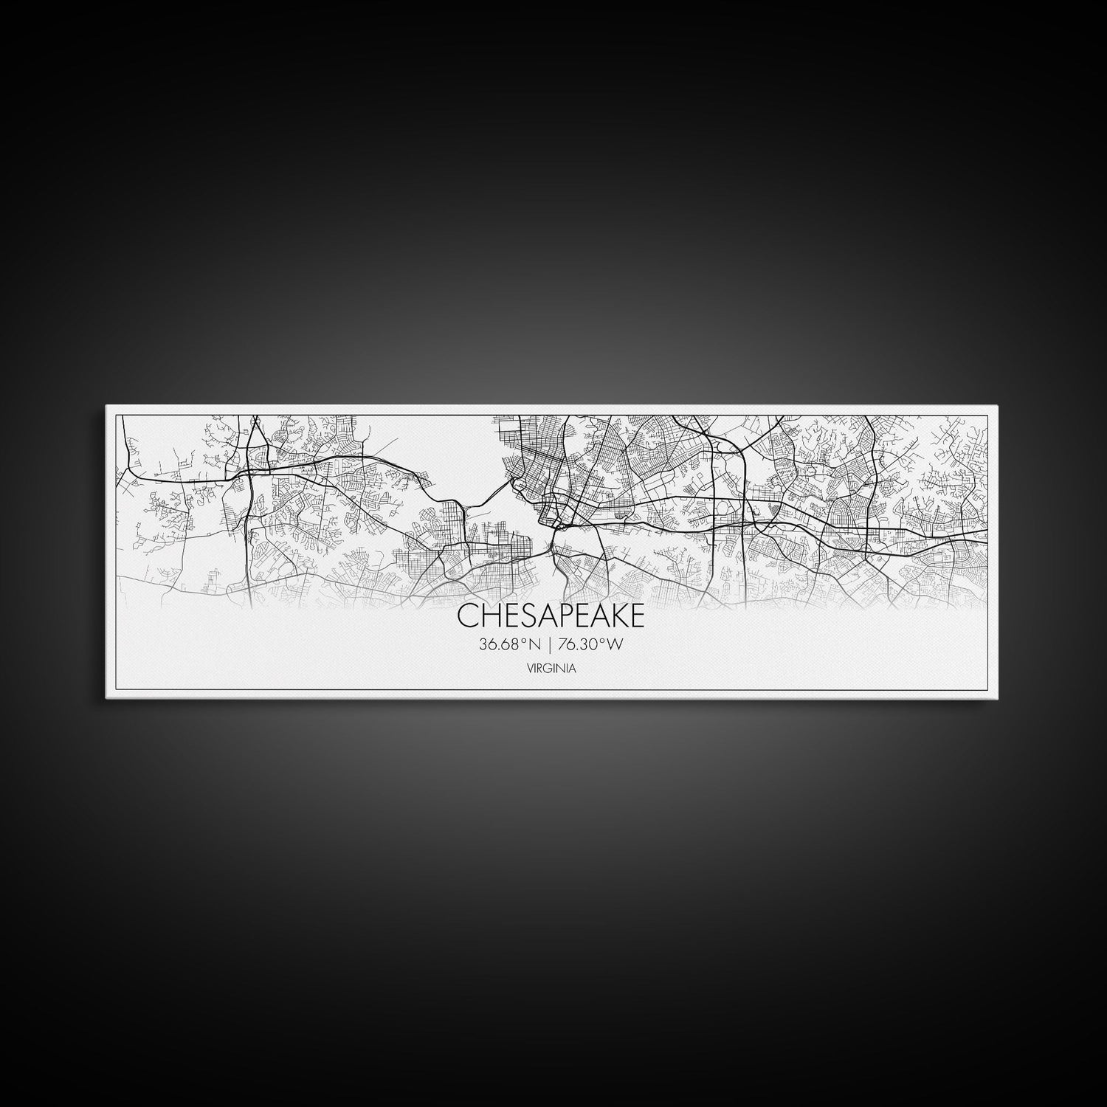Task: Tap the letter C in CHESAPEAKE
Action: [466, 615]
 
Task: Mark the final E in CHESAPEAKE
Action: [635, 615]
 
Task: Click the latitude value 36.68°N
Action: [510, 645]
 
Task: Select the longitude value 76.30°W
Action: [591, 645]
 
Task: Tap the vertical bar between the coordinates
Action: [550, 645]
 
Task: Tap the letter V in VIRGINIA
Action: [530, 669]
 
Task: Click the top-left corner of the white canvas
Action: [107, 406]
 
